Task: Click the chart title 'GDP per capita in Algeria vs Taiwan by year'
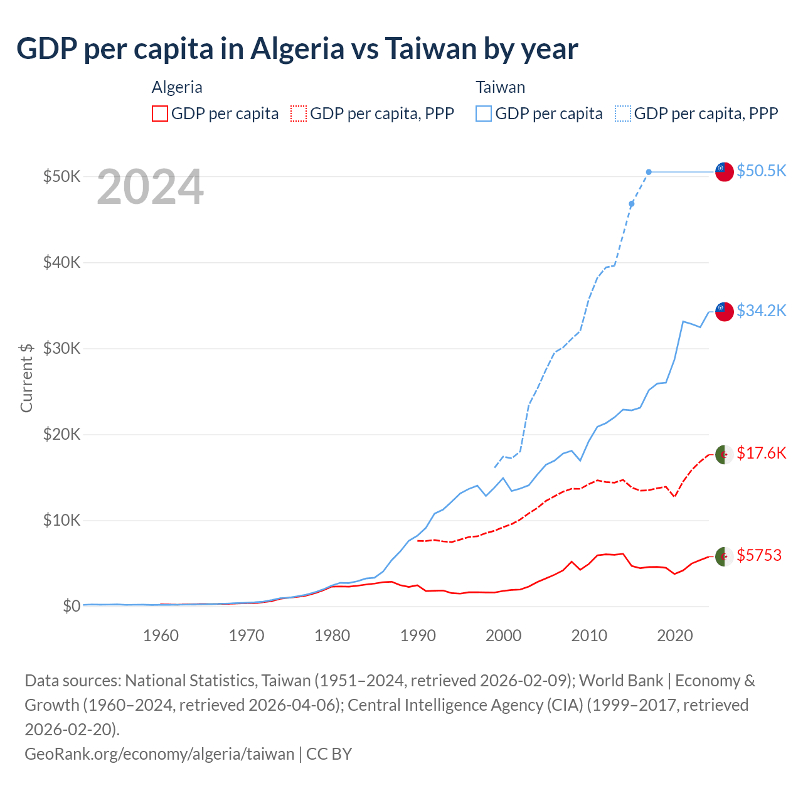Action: point(297,49)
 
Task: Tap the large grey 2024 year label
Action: point(150,187)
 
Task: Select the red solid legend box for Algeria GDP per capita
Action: point(160,114)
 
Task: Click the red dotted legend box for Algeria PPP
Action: point(299,114)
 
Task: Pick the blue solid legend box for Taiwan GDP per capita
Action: point(484,114)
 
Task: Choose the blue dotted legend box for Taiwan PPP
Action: point(623,114)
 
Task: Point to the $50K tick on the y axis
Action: point(61,176)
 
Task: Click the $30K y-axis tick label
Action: point(61,348)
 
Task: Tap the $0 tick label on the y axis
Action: point(72,606)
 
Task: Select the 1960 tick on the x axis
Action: point(161,635)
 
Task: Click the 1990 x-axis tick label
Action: point(418,635)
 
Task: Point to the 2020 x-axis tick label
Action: point(675,635)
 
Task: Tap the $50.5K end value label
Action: point(761,171)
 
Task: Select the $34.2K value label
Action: point(761,311)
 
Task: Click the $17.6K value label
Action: point(761,453)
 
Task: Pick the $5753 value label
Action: point(759,555)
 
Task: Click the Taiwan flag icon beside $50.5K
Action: point(725,171)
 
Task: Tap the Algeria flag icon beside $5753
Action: point(725,556)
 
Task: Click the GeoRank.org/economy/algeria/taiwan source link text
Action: point(159,753)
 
